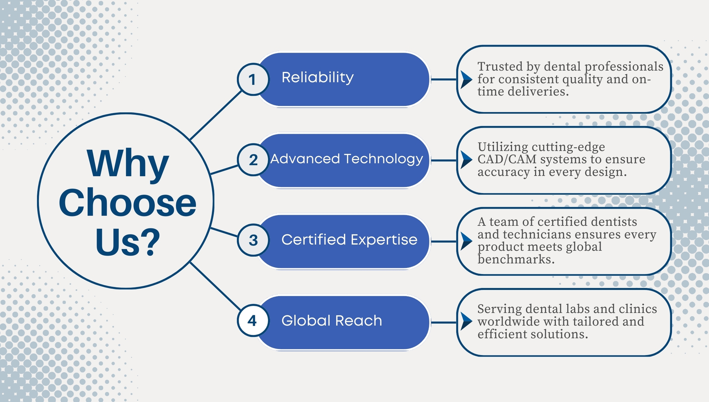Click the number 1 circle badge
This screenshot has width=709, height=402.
(x=253, y=79)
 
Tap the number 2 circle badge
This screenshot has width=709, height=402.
(x=253, y=160)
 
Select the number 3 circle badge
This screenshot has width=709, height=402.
(x=253, y=240)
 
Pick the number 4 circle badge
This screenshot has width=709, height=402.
(x=253, y=321)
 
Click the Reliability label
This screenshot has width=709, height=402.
(x=317, y=77)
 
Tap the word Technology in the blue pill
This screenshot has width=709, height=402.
(x=383, y=159)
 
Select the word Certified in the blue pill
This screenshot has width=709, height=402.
(x=314, y=240)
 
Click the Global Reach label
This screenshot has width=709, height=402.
(x=331, y=321)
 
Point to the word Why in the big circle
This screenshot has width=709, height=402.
(x=128, y=164)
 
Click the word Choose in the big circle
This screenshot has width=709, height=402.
(x=128, y=203)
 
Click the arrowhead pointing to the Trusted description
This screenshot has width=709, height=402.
(x=466, y=79)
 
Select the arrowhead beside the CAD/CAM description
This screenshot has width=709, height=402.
(x=466, y=160)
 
